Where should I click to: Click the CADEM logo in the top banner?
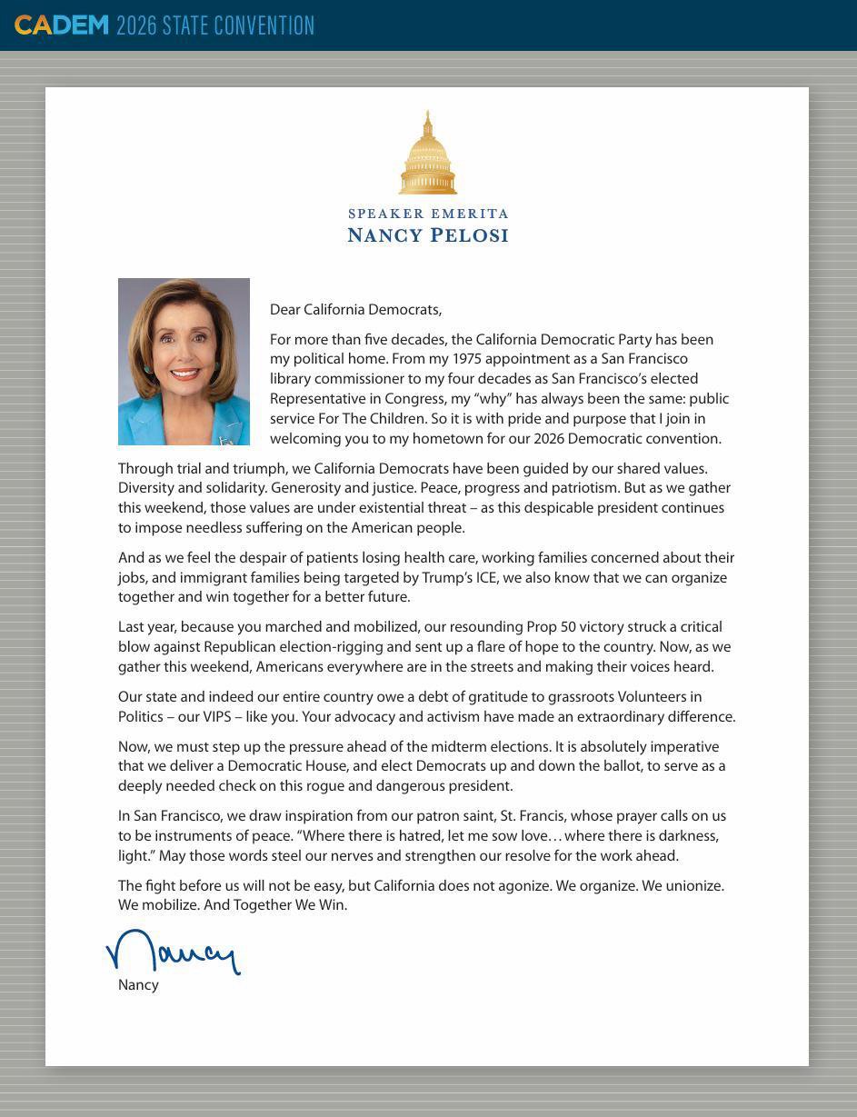pyautogui.click(x=61, y=25)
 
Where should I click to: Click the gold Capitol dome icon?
pyautogui.click(x=427, y=155)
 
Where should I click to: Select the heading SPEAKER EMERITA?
pyautogui.click(x=428, y=214)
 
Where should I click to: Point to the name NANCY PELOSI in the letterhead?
pyautogui.click(x=428, y=235)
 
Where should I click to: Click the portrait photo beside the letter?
pyautogui.click(x=184, y=362)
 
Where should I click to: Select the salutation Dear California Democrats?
pyautogui.click(x=355, y=310)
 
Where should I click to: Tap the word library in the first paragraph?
pyautogui.click(x=292, y=379)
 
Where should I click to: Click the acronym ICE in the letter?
pyautogui.click(x=486, y=577)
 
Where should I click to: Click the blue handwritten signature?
pyautogui.click(x=173, y=952)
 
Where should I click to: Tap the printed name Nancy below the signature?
pyautogui.click(x=138, y=985)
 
